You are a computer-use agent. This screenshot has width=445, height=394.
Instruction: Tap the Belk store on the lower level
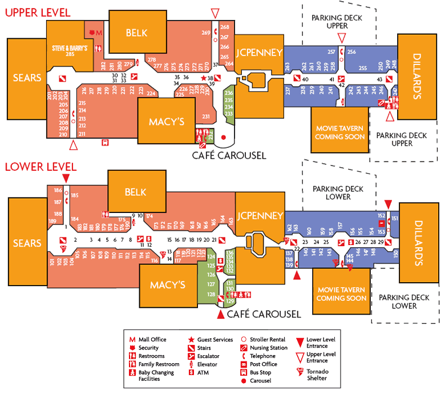(x=135, y=192)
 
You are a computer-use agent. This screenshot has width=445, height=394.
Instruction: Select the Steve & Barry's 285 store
(x=70, y=50)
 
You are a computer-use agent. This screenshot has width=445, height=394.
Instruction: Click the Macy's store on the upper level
(x=166, y=122)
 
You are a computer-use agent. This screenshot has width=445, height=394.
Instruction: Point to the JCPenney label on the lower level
(x=260, y=215)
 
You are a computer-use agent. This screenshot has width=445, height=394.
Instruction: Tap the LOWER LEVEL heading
(x=40, y=167)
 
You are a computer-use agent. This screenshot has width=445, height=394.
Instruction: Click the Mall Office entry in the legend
(x=152, y=340)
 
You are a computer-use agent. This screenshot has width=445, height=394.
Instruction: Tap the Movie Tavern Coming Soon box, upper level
(x=340, y=132)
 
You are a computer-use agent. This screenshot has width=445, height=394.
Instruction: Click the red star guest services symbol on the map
(x=204, y=78)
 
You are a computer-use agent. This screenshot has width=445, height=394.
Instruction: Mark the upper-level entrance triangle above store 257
(x=342, y=38)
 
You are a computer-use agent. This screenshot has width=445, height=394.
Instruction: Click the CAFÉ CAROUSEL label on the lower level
(x=264, y=314)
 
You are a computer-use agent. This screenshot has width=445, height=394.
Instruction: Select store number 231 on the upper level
(x=206, y=116)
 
